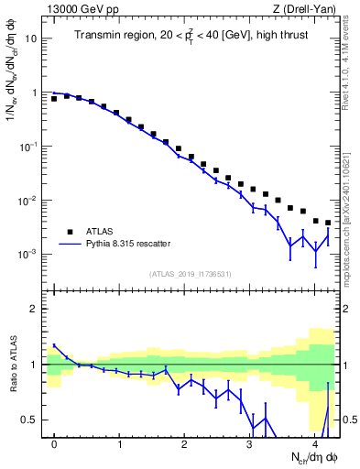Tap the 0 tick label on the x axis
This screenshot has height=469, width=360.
(55, 444)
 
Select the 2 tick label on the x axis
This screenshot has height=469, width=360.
(185, 444)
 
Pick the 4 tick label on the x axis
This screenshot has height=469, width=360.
(314, 444)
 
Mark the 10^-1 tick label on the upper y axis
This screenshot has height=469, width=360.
(29, 147)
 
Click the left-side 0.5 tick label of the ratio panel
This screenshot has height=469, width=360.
(30, 420)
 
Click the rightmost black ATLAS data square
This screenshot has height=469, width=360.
(328, 223)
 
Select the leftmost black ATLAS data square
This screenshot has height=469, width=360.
(54, 98)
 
